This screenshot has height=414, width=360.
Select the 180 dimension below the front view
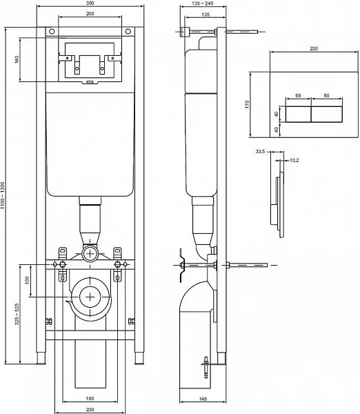pos(90,398)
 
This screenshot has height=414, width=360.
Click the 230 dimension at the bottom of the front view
pos(90,408)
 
